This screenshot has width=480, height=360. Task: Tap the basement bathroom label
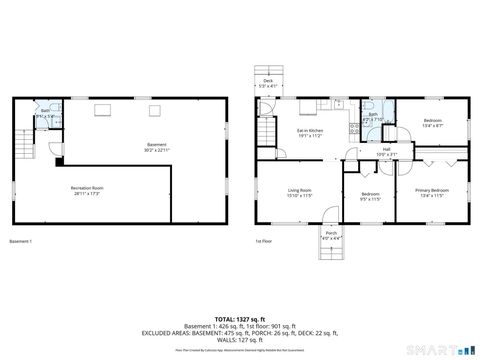(45, 113)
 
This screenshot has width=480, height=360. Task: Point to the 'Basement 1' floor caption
(21, 242)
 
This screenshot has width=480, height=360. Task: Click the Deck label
(267, 84)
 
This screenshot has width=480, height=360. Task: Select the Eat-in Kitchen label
(309, 132)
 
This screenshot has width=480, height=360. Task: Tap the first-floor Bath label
(372, 116)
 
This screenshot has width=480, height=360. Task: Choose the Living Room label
(300, 192)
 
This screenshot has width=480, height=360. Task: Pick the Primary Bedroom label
(431, 192)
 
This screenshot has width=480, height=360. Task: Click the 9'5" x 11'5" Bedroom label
(370, 195)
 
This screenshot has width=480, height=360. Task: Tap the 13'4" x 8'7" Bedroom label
(432, 123)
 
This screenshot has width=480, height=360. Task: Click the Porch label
(303, 236)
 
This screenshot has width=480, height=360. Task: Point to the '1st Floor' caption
(264, 242)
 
